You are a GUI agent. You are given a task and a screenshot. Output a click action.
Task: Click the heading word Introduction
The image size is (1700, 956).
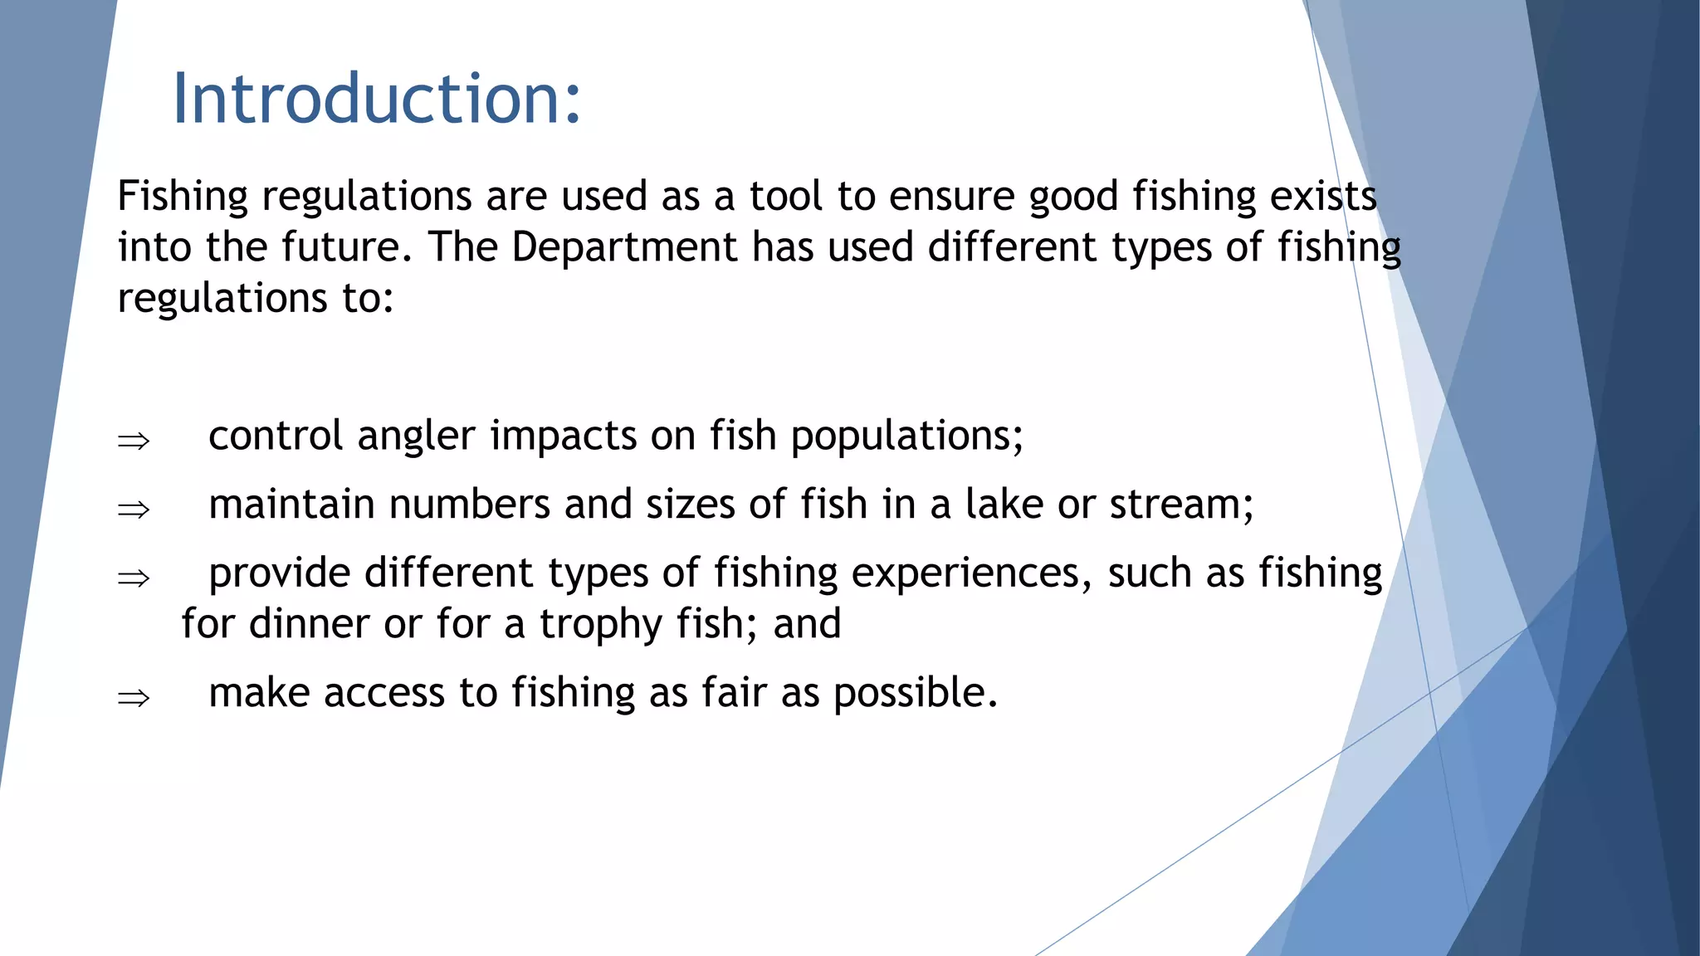point(376,99)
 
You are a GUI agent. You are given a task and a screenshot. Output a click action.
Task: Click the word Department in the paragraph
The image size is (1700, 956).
point(623,247)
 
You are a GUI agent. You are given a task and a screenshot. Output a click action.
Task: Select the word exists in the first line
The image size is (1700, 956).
point(1323,197)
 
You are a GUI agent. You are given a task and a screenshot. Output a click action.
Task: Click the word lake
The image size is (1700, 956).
point(1004,505)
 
